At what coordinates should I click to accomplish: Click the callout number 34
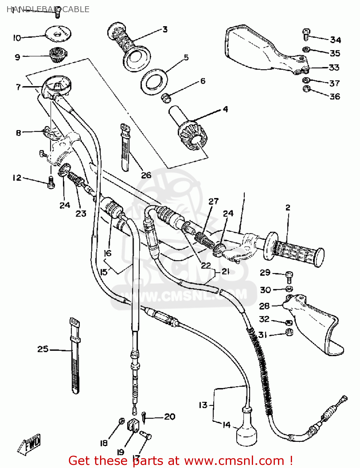[335, 40]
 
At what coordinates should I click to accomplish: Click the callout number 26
[146, 175]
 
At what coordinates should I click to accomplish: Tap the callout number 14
[227, 425]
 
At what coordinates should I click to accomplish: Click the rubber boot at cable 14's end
[247, 431]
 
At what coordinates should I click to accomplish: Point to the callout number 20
[170, 417]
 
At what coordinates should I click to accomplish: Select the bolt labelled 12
[50, 182]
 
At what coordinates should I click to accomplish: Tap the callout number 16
[108, 253]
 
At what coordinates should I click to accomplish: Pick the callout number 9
[17, 57]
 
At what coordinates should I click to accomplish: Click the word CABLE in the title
[76, 9]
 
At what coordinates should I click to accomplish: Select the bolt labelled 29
[289, 275]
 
